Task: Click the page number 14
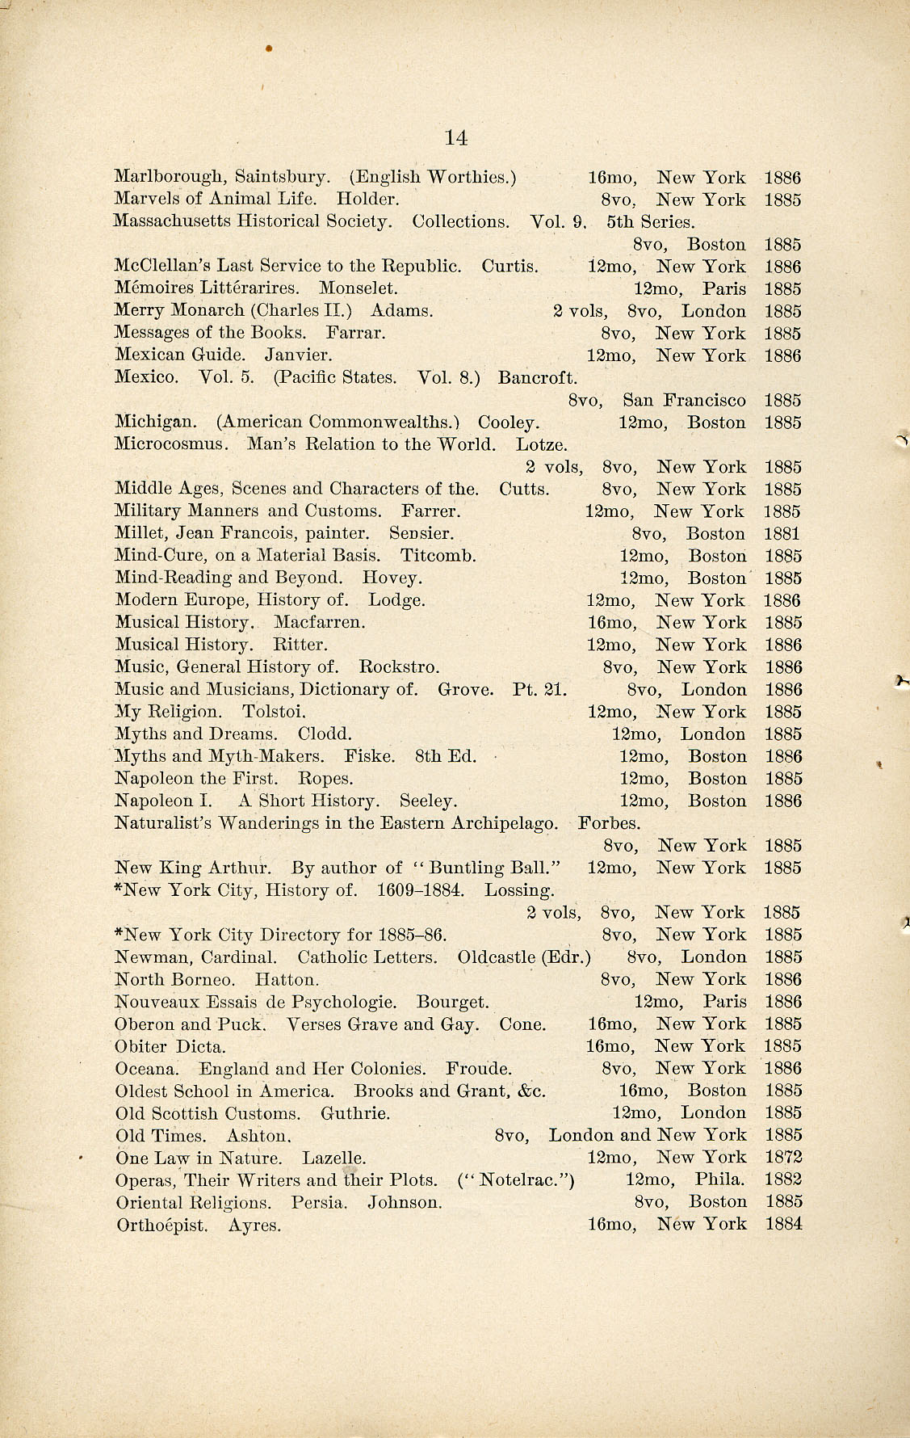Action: tap(456, 137)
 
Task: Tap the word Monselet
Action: tap(358, 288)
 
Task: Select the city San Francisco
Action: tap(684, 400)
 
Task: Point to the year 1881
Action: tap(782, 533)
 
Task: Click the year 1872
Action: tap(782, 1157)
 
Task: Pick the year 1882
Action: tap(782, 1179)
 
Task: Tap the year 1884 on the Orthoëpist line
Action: tap(783, 1224)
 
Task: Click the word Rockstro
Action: tap(399, 667)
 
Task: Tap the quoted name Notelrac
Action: tap(517, 1179)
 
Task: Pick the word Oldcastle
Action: tap(496, 957)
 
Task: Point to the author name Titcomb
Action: tap(438, 556)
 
